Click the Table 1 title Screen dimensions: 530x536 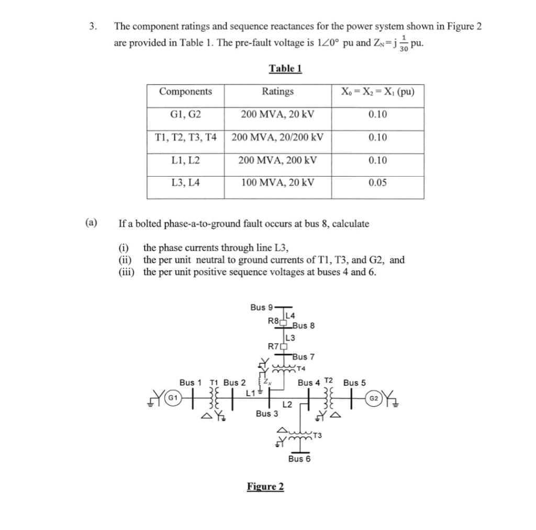285,68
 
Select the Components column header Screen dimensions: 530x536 185,91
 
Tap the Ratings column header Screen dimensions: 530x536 277,91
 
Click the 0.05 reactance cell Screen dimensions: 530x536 377,182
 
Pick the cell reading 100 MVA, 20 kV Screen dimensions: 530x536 277,182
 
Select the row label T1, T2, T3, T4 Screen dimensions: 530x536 185,137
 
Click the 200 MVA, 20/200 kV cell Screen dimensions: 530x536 277,137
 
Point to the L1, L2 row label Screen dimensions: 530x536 185,160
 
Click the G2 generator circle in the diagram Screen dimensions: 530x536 373,398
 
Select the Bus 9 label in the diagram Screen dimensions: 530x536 261,307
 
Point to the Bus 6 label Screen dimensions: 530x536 299,458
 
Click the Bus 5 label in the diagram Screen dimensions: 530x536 354,383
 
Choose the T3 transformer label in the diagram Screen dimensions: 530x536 317,435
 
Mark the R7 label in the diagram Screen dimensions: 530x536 273,345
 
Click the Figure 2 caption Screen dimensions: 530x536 265,487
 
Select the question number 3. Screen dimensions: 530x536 92,26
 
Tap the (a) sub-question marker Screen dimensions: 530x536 91,223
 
